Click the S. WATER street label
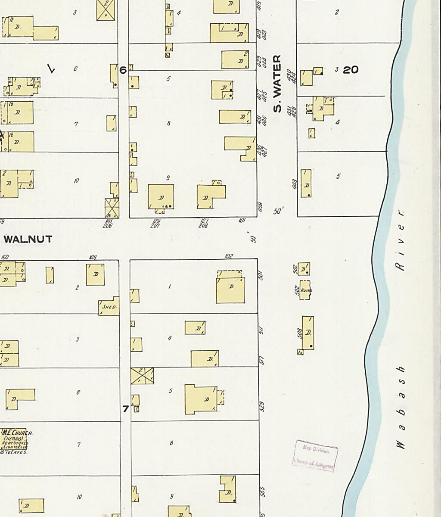tap(277, 84)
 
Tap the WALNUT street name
tap(28, 239)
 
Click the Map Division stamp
tap(315, 456)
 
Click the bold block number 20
tap(351, 70)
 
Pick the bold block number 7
tap(125, 409)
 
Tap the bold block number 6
tap(123, 70)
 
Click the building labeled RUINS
tap(306, 290)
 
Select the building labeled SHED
tap(109, 306)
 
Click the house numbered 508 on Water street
tap(308, 333)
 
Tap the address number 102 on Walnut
tap(229, 256)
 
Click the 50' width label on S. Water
tap(279, 212)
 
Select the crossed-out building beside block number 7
tap(143, 376)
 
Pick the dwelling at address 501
tap(230, 290)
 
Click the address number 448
tap(295, 185)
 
